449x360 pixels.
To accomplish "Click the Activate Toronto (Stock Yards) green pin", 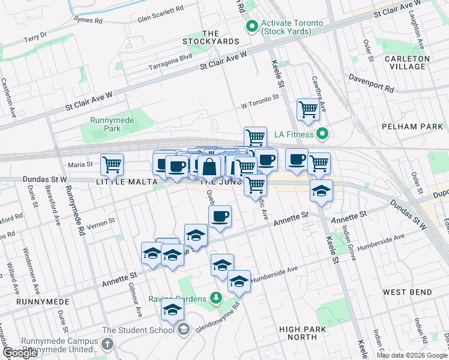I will [252, 27].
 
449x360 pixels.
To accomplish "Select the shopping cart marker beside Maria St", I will [112, 164].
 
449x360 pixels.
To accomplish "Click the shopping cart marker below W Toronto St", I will [307, 110].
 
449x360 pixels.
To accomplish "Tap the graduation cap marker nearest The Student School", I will [172, 310].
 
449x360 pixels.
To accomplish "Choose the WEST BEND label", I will [408, 292].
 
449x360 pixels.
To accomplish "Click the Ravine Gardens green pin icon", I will [216, 298].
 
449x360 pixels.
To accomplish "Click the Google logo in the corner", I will [20, 353].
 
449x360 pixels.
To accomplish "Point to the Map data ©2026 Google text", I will [411, 355].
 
